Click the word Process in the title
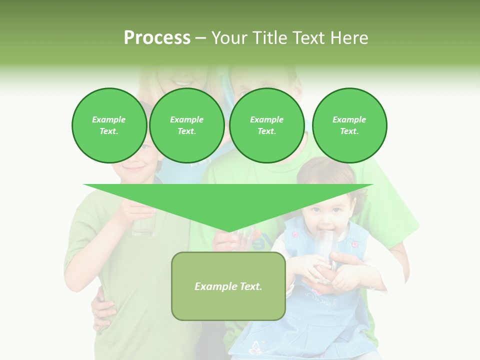point(157,38)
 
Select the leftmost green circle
point(109,125)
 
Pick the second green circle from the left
point(186,125)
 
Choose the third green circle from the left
point(266,125)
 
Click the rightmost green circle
point(349,125)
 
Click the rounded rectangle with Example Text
point(228,286)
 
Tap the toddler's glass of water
point(323,250)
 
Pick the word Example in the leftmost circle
point(108,119)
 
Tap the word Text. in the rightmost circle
point(349,131)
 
